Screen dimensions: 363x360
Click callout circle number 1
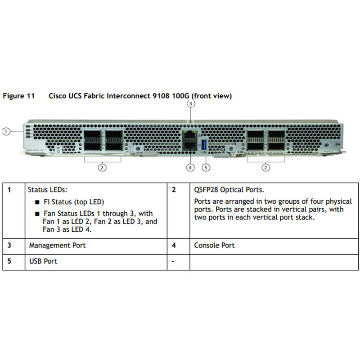[6, 131]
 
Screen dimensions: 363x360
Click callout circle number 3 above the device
[190, 104]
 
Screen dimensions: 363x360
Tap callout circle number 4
[190, 168]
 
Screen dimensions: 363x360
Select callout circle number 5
[206, 168]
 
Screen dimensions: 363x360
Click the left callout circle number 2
[102, 168]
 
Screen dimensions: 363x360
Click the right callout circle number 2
[266, 168]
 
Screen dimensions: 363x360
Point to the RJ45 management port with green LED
[190, 134]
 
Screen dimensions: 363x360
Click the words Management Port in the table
[57, 246]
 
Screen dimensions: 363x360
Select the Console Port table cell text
[214, 246]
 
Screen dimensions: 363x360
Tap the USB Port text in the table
[43, 261]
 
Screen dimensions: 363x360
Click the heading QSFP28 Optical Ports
[229, 190]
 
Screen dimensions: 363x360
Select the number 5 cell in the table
[9, 261]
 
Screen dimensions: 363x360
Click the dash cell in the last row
[173, 261]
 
